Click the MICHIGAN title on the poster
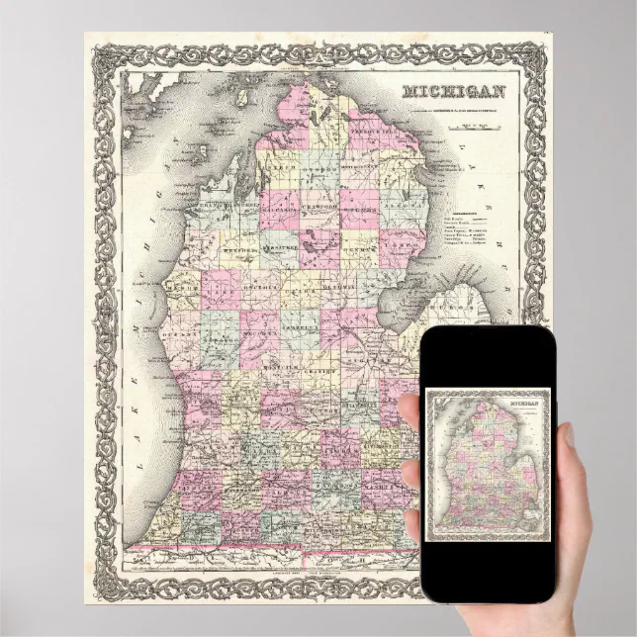[x=454, y=92]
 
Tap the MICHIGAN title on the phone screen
[x=529, y=405]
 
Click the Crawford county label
[x=318, y=211]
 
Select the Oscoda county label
[x=359, y=211]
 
